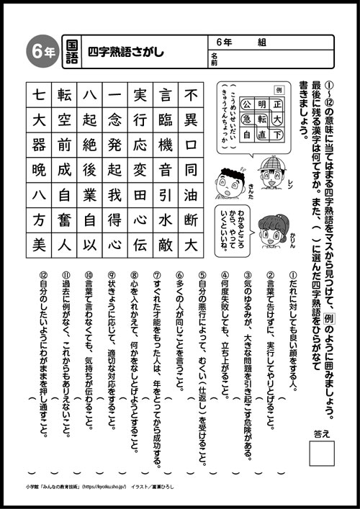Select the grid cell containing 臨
click(166, 120)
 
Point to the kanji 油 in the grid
click(191, 196)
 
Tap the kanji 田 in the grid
click(140, 196)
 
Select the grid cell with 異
click(191, 120)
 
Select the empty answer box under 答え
click(321, 455)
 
